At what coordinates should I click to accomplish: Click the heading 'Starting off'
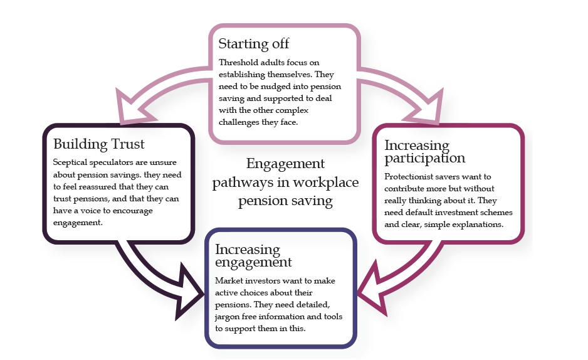254,44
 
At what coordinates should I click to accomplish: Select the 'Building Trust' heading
98,144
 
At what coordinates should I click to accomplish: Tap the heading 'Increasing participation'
425,152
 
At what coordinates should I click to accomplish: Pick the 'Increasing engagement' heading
253,256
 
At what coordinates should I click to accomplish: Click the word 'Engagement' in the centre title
285,164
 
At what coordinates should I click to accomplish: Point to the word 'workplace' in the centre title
325,183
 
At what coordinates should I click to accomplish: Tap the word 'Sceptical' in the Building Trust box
70,162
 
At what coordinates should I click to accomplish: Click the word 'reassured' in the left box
98,187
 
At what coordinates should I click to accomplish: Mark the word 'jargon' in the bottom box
228,317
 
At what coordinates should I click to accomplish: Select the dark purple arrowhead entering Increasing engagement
188,292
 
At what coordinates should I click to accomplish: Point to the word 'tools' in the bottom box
333,317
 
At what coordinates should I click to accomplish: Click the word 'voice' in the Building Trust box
90,211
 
